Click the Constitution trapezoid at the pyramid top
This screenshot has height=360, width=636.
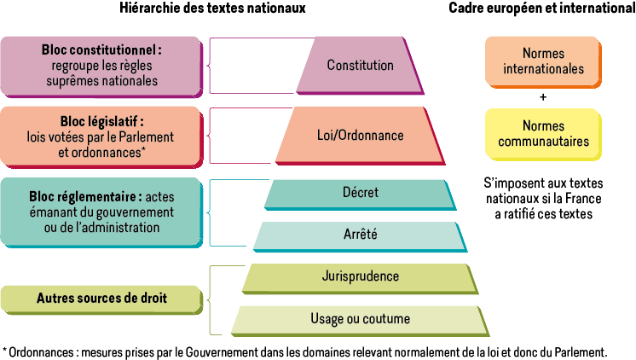pos(360,66)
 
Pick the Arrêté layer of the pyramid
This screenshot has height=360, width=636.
pos(360,235)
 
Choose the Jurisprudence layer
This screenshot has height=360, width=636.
pos(361,276)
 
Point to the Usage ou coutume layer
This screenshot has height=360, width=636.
pos(360,319)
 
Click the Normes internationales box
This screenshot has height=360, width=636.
pos(543,61)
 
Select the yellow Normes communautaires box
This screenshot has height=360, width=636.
pos(543,134)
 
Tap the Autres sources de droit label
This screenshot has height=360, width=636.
pos(101,299)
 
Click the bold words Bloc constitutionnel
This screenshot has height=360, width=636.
pos(101,50)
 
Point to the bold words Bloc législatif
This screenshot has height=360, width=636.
pos(101,122)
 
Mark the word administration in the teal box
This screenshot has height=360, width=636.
pos(119,227)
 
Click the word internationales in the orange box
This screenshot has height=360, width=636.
pos(543,69)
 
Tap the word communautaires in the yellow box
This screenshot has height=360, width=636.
pos(543,142)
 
